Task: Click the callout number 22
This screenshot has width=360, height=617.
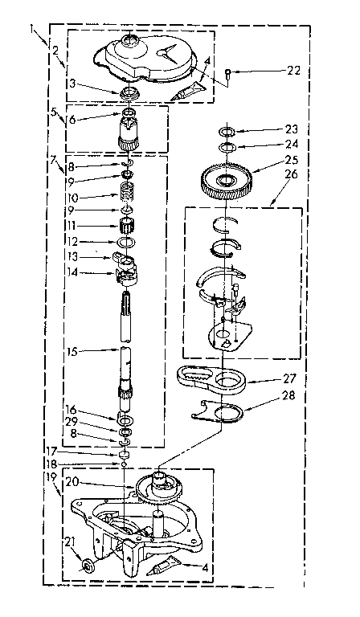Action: tap(293, 72)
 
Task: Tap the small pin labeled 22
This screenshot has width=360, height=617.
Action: tap(229, 73)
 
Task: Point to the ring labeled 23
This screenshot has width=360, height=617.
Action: tap(226, 131)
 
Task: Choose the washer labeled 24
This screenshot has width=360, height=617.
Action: tap(226, 147)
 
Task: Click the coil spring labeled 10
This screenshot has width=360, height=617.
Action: tap(125, 194)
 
